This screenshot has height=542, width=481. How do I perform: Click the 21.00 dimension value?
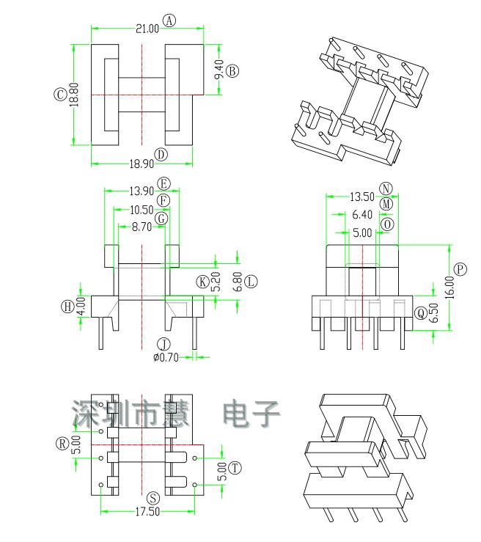146,29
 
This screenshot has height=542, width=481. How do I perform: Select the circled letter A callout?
169,21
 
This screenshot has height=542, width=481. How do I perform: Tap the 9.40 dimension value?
219,70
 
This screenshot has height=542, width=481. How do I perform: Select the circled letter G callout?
163,218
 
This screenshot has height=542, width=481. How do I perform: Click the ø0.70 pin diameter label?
166,357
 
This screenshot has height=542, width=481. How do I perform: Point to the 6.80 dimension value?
236,282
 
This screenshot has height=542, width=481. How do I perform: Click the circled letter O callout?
387,224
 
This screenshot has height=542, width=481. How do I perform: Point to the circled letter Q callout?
420,313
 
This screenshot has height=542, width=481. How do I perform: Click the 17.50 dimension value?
147,511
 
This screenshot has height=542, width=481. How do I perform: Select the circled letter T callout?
235,468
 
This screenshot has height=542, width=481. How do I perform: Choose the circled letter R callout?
62,443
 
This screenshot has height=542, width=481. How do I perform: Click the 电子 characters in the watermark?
251,415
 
